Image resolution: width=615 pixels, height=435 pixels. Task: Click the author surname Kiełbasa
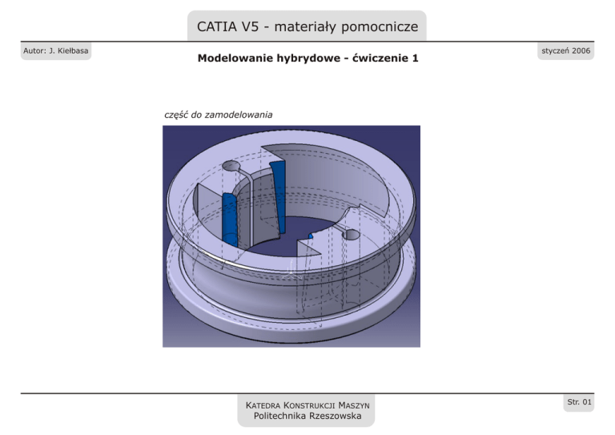pyautogui.click(x=69, y=52)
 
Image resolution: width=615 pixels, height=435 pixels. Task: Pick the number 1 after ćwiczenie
pyautogui.click(x=416, y=59)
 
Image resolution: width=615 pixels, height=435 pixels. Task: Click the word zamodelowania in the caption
pyautogui.click(x=239, y=115)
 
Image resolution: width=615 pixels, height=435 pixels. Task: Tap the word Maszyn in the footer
pyautogui.click(x=352, y=405)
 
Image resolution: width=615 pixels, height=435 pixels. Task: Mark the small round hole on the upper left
pyautogui.click(x=231, y=166)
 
